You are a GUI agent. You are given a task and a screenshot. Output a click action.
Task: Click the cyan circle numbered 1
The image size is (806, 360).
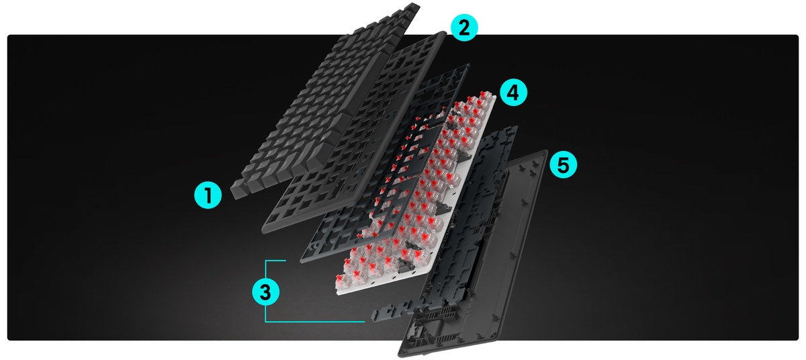(x=208, y=195)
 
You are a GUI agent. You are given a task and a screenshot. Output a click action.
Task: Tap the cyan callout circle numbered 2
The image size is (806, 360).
(x=464, y=28)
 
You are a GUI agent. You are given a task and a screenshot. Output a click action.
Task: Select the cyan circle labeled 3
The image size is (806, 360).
(x=265, y=291)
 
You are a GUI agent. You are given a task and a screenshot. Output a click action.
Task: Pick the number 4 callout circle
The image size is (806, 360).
(x=513, y=93)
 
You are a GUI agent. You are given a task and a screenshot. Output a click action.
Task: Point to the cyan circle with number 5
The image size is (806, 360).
(x=563, y=165)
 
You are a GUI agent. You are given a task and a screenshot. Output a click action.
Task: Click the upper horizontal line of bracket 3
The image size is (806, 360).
(x=275, y=261)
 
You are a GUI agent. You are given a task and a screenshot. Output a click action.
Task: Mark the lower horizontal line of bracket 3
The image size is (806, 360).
(x=315, y=322)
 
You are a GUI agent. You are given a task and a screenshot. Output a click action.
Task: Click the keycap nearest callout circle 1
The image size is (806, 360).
(x=238, y=189)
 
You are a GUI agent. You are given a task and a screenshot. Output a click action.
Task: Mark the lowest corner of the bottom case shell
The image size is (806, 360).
(x=401, y=355)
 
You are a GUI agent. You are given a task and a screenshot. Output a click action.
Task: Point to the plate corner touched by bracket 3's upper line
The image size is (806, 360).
(x=302, y=261)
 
